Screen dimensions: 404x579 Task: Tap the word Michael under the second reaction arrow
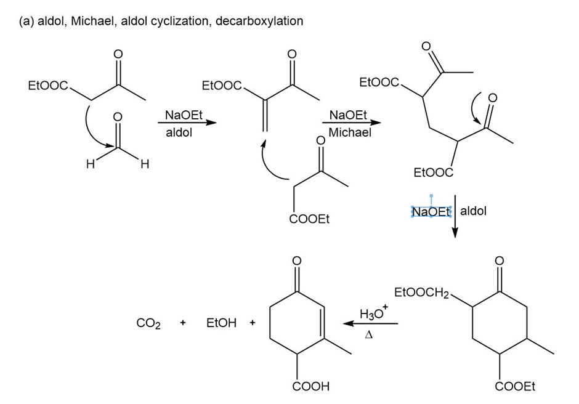click(x=350, y=132)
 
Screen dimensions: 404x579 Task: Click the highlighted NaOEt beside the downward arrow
click(x=431, y=212)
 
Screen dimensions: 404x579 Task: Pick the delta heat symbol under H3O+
click(x=369, y=336)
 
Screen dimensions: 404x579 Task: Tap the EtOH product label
click(x=221, y=323)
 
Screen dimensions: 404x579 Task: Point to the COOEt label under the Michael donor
click(x=309, y=219)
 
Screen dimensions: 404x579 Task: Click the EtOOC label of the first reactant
click(x=47, y=86)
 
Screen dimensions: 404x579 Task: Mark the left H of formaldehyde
click(x=90, y=164)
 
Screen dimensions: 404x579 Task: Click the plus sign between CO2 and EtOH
click(x=183, y=323)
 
